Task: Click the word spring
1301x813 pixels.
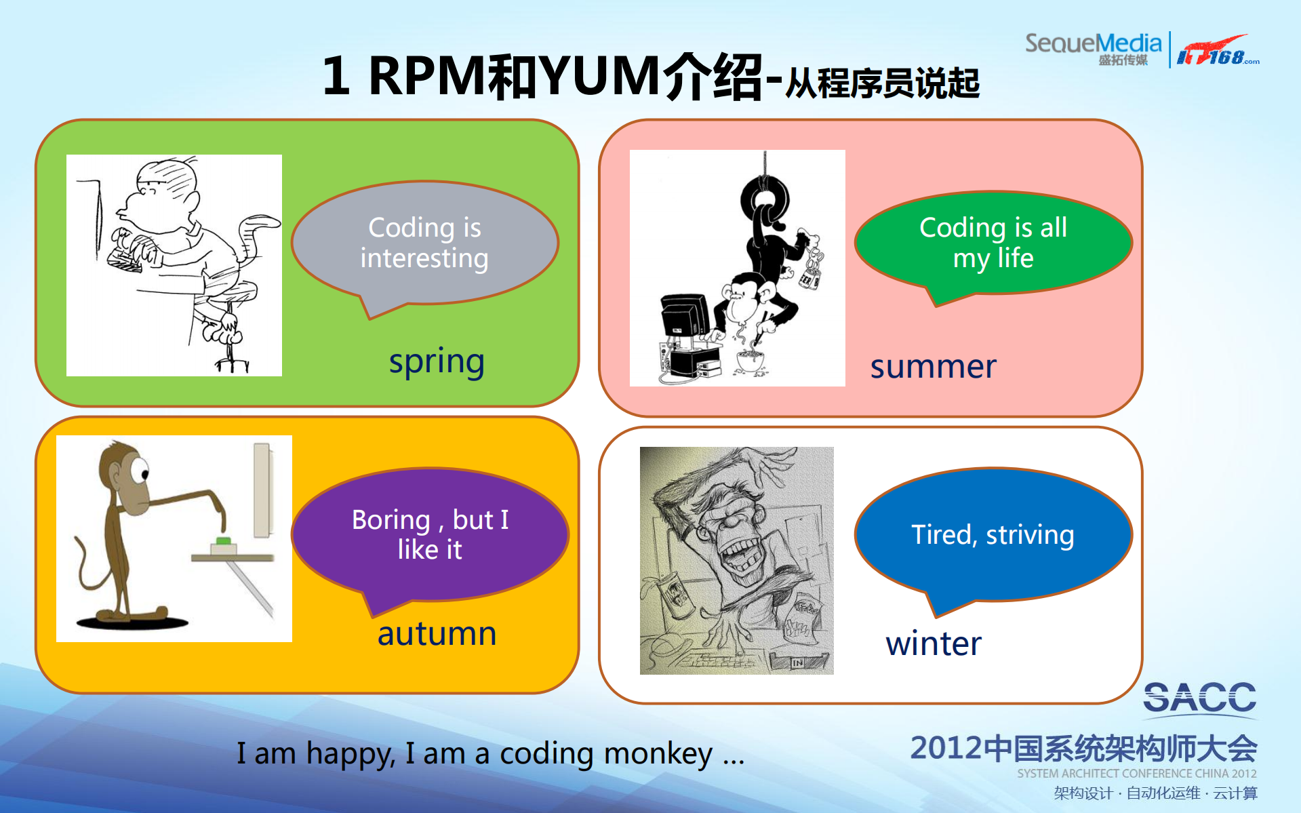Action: pyautogui.click(x=436, y=361)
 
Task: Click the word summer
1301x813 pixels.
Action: pyautogui.click(x=933, y=367)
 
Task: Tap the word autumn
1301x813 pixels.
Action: pyautogui.click(x=437, y=634)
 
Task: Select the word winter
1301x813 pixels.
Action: pyautogui.click(x=933, y=643)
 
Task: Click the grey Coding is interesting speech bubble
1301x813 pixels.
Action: pyautogui.click(x=424, y=242)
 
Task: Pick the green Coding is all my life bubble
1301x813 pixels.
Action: pyautogui.click(x=993, y=242)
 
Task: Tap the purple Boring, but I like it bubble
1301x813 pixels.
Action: pyautogui.click(x=430, y=534)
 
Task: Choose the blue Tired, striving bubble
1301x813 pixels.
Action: pyautogui.click(x=993, y=534)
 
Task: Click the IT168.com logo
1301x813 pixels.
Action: pyautogui.click(x=1217, y=52)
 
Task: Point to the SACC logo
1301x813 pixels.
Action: pyautogui.click(x=1199, y=698)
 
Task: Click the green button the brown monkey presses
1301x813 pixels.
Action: pyautogui.click(x=223, y=541)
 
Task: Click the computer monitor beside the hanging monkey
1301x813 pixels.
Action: pyautogui.click(x=684, y=315)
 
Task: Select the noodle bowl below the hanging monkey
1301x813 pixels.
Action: pyautogui.click(x=749, y=360)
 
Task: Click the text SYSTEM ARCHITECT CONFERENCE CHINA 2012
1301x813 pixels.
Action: pyautogui.click(x=1136, y=774)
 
